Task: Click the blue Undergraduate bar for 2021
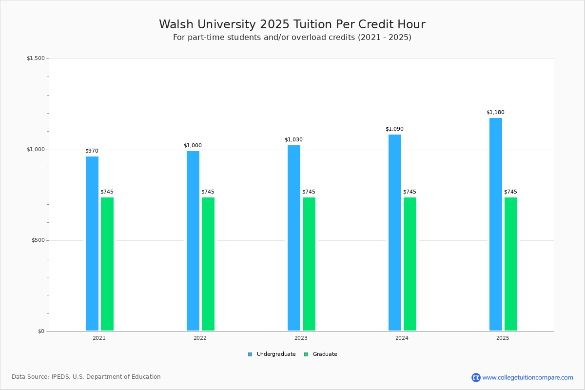coord(92,243)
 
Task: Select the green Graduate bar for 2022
coord(208,264)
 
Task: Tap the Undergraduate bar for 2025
coord(496,224)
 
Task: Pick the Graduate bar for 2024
coord(410,264)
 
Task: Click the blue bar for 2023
coord(294,238)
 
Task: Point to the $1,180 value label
coord(495,112)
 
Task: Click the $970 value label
coord(92,151)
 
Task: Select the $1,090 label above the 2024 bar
coord(394,129)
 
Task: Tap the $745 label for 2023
coord(309,192)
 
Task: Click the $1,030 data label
coord(293,139)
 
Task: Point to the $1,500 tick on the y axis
coord(36,58)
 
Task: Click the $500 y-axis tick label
coord(38,240)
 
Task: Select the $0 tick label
coord(41,331)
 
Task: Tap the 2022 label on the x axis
coord(200,338)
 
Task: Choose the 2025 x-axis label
coord(503,338)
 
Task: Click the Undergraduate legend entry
coord(272,354)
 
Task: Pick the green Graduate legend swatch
coord(306,354)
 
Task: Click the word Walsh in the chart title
coord(176,24)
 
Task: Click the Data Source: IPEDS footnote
coord(86,377)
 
